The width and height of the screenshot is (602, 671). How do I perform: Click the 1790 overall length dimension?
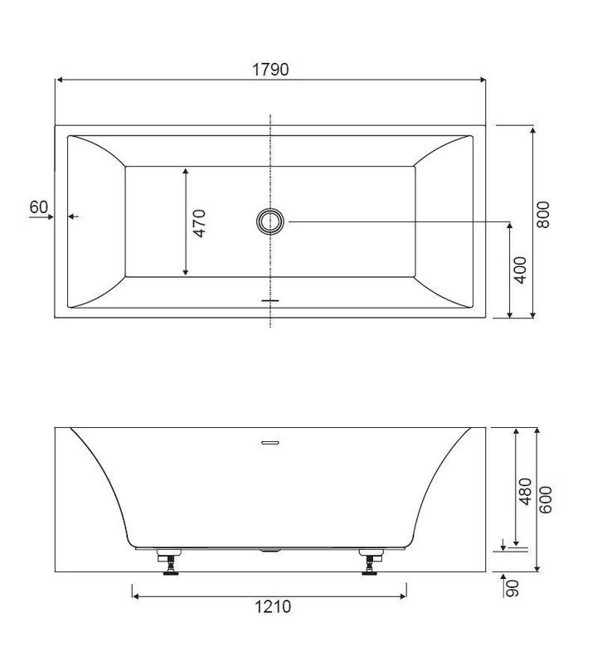(270, 70)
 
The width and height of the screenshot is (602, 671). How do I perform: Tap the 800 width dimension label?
(543, 214)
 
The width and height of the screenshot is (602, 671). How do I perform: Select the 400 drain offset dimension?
(520, 270)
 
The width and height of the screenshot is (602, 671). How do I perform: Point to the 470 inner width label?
(199, 223)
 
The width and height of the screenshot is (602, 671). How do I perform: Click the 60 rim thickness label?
(38, 207)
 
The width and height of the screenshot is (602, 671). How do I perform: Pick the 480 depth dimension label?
(525, 491)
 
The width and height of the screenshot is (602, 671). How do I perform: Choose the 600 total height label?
(546, 499)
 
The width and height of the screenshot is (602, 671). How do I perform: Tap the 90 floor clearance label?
(512, 588)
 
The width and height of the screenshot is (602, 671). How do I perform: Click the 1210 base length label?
(273, 607)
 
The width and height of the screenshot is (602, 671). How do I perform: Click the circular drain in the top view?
(270, 221)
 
